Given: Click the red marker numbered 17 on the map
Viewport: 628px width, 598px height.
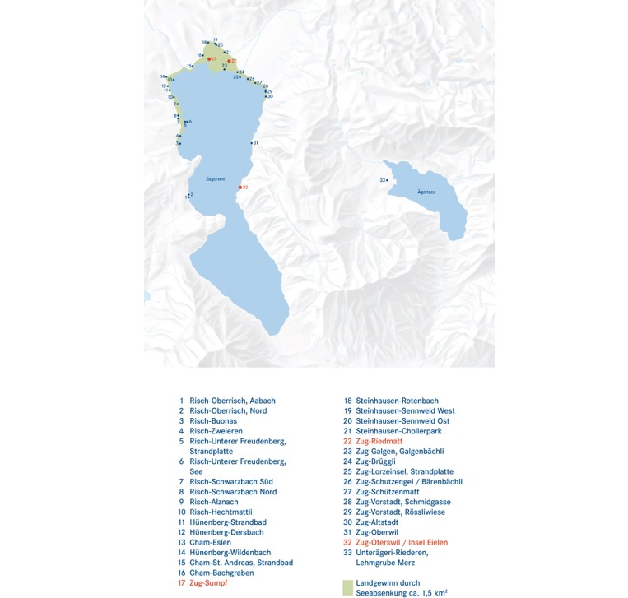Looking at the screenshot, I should pos(210,59).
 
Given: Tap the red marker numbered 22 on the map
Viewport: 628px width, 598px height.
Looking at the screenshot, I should pos(230,61).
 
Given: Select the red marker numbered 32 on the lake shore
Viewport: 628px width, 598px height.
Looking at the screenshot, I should pos(240,188).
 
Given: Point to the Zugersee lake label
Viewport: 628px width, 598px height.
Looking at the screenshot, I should pos(216,178).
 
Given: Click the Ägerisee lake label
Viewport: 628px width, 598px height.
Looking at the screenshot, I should pos(426,192).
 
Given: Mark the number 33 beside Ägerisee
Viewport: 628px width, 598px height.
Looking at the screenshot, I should pos(382,180).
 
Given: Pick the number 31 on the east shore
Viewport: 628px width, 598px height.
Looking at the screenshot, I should pos(256,144).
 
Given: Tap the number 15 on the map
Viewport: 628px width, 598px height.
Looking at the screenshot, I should pos(189,66).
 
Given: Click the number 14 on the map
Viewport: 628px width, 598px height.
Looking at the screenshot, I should pos(164,76).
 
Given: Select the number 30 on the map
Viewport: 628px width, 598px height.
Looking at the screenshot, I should pos(270,96).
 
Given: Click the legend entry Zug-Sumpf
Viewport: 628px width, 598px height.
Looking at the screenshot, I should pos(207,583).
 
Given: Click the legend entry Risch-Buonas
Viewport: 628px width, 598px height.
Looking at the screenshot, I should pos(213,421).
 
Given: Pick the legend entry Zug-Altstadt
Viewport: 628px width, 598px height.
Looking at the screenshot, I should pos(375,522).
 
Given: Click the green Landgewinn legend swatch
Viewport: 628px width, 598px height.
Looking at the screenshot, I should pos(347,586).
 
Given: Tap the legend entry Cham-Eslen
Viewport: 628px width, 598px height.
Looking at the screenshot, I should pos(210,543).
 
